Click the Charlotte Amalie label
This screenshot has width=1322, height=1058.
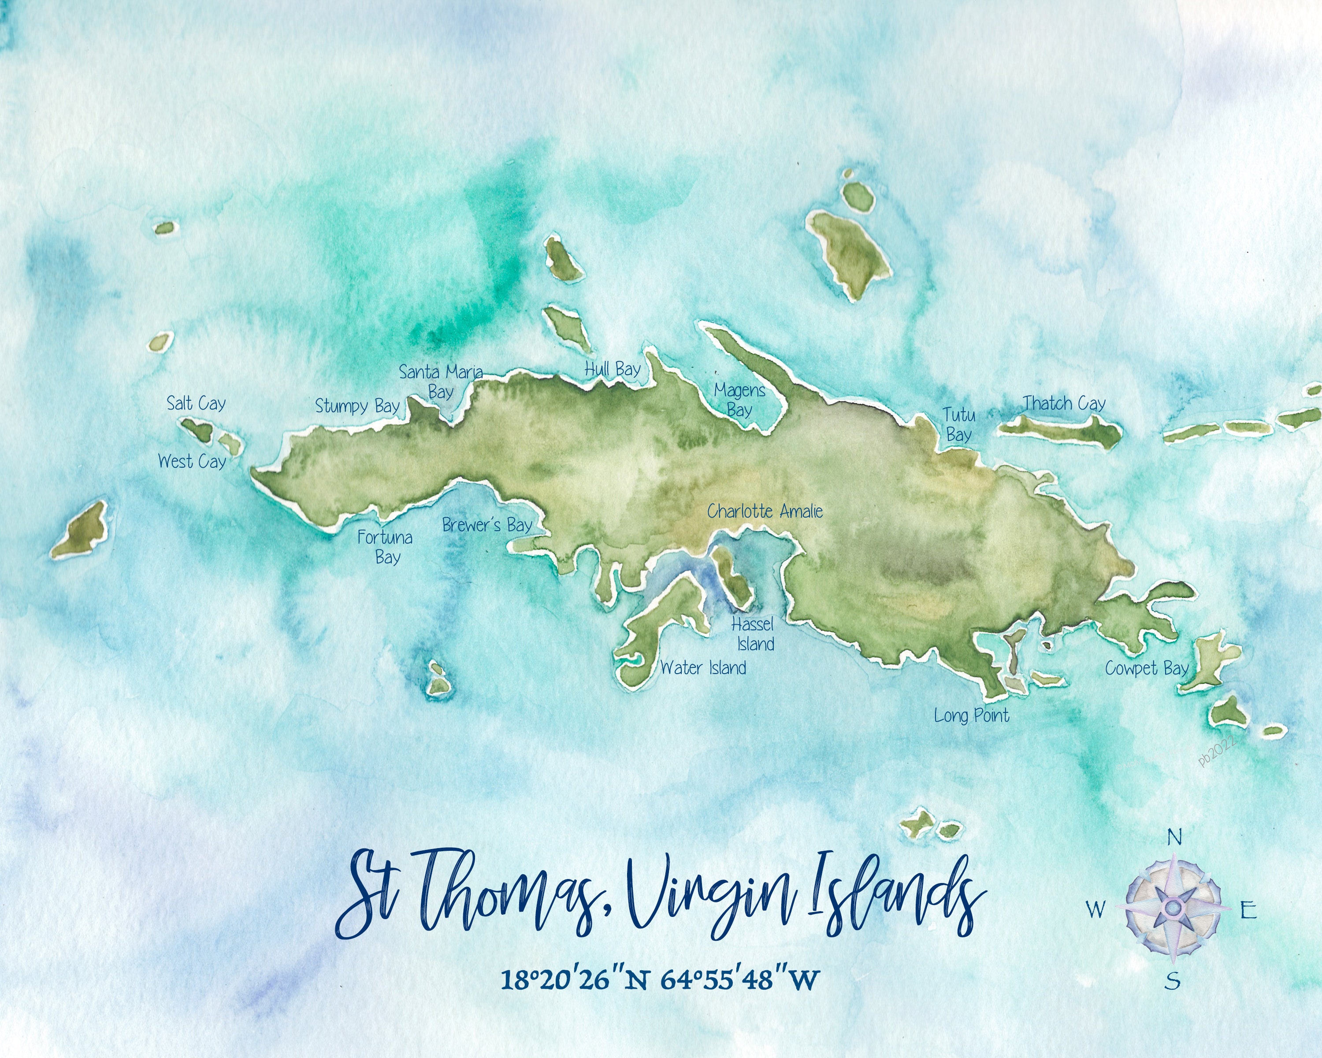[764, 511]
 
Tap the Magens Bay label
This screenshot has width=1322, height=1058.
[739, 400]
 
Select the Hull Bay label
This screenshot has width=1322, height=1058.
[612, 369]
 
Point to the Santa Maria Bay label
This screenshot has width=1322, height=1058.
[441, 381]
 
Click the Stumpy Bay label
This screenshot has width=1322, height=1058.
[357, 406]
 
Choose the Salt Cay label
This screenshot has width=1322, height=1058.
[196, 403]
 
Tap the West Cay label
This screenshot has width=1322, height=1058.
[192, 461]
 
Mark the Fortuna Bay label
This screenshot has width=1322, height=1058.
[385, 547]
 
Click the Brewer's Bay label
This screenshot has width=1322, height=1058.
[487, 525]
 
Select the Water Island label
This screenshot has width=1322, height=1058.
[703, 668]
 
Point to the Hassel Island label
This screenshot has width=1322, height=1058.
[753, 634]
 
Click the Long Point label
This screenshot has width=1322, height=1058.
[971, 715]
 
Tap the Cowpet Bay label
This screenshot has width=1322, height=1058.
[1147, 669]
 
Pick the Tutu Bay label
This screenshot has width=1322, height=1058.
[959, 425]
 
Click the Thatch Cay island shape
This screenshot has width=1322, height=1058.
[1061, 431]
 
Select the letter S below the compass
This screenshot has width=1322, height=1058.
[1172, 981]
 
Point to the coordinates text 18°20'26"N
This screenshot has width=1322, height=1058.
[574, 980]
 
